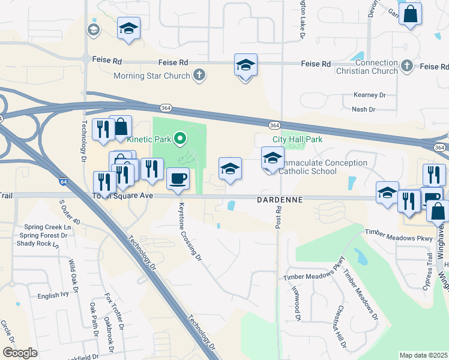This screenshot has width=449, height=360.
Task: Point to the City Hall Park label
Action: point(298,139)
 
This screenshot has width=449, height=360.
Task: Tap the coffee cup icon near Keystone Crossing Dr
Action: point(178,178)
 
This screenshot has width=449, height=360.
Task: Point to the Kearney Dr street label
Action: point(369,95)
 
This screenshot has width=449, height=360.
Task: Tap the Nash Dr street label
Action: point(364,110)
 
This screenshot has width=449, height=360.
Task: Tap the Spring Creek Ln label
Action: point(47,227)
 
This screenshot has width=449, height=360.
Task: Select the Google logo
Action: point(20,353)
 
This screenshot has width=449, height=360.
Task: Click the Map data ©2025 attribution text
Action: point(423,355)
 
